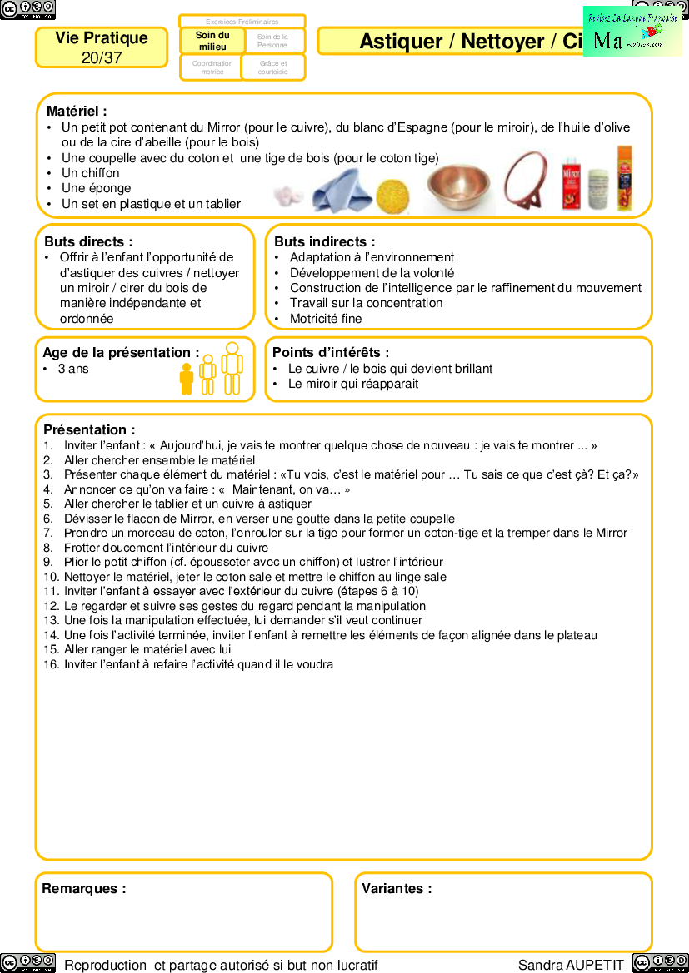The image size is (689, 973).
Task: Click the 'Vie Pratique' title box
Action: click(x=102, y=47)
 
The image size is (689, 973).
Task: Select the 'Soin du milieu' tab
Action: click(x=212, y=41)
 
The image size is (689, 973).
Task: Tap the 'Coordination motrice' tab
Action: click(x=212, y=67)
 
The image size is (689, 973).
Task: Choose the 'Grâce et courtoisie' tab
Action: click(x=273, y=67)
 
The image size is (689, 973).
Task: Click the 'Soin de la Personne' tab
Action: click(x=273, y=41)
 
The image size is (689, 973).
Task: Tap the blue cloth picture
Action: click(x=341, y=191)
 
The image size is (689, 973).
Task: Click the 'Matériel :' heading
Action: click(x=77, y=111)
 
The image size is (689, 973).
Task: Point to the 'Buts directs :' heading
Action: click(x=88, y=241)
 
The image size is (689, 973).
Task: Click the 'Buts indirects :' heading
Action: click(x=325, y=241)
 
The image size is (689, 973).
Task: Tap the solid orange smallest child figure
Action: click(x=187, y=379)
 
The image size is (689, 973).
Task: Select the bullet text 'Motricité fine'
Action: click(x=326, y=319)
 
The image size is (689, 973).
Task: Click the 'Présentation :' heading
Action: click(x=89, y=430)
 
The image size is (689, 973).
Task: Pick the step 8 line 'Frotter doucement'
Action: click(x=166, y=548)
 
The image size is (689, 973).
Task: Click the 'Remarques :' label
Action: click(x=84, y=888)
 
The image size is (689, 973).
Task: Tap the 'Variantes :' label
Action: click(x=397, y=888)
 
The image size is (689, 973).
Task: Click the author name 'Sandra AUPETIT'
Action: click(x=571, y=965)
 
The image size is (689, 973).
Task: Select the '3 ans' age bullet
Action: click(x=73, y=369)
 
